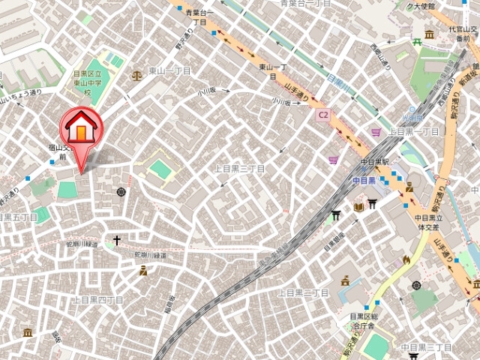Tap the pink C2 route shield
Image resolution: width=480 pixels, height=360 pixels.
[x=323, y=115]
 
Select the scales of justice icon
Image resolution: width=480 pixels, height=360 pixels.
[x=136, y=76]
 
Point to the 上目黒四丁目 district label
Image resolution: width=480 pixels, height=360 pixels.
[x=97, y=299]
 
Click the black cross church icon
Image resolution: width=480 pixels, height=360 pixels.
[x=116, y=241]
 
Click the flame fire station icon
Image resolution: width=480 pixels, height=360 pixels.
[x=406, y=259]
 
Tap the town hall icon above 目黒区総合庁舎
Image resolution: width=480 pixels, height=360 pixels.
[x=345, y=281]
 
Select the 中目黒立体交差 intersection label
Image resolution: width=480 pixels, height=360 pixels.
[x=430, y=223]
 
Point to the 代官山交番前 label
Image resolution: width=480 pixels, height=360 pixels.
[x=460, y=34]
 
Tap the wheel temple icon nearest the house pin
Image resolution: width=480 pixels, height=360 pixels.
[x=121, y=193]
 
